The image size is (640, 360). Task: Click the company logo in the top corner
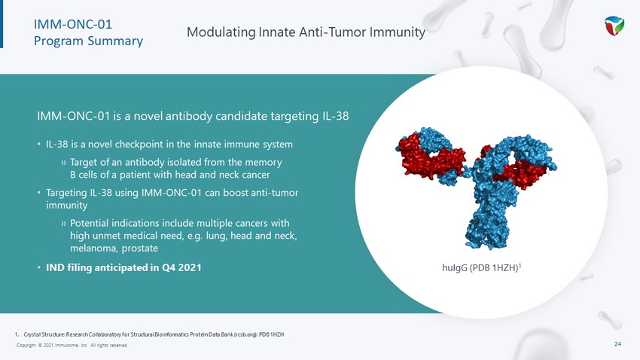click(x=614, y=26)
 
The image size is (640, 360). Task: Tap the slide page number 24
click(x=617, y=343)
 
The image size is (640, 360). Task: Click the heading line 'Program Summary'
click(x=88, y=41)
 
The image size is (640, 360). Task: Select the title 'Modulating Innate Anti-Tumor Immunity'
click(x=306, y=32)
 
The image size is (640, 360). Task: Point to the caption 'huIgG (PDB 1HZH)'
click(x=480, y=268)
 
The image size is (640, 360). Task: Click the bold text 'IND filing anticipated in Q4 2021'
click(x=123, y=268)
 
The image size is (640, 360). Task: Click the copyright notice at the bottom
click(x=72, y=345)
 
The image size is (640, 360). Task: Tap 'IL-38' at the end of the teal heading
click(x=336, y=116)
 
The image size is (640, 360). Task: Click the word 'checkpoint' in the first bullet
click(x=140, y=145)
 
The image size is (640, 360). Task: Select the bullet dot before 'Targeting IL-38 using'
click(x=38, y=192)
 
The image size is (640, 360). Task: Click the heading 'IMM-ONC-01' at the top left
click(x=72, y=25)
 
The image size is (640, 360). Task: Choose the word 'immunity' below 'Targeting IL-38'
click(x=66, y=206)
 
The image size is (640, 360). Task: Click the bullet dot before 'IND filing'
click(x=38, y=268)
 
